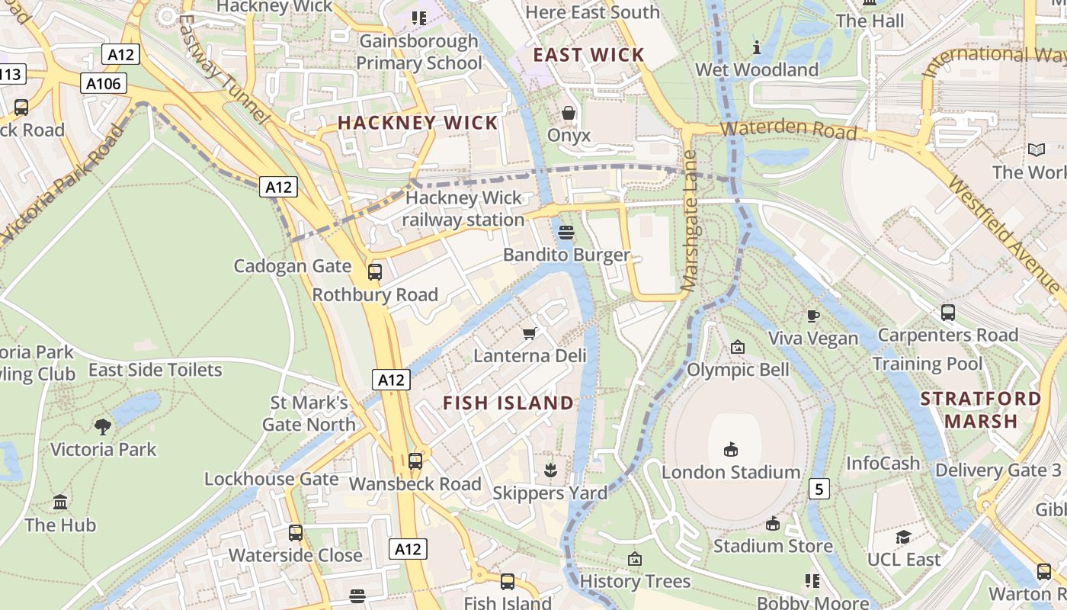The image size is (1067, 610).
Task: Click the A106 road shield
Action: point(104,83)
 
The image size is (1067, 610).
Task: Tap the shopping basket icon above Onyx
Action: point(569,114)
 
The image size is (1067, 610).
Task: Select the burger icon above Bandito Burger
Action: point(566,232)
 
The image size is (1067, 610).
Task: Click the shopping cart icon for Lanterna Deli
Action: point(530,333)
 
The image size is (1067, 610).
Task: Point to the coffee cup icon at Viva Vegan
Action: point(813,316)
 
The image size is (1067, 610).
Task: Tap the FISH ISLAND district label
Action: point(508,403)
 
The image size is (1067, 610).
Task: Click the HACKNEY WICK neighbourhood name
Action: point(418,123)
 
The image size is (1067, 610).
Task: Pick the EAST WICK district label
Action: point(588,55)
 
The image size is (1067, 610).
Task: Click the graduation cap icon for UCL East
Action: point(904,537)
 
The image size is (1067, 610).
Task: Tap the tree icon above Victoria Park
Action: point(103,426)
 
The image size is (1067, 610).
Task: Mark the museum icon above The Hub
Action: point(60,502)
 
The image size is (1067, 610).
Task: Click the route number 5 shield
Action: point(819,489)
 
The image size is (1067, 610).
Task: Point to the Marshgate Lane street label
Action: point(691,221)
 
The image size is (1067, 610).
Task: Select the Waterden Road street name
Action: point(788,129)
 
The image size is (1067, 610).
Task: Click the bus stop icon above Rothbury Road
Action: point(375,271)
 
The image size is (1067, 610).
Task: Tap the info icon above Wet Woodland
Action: point(757,47)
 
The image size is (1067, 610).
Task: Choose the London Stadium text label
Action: point(730,472)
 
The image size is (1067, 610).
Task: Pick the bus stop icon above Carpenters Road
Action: point(948,312)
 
